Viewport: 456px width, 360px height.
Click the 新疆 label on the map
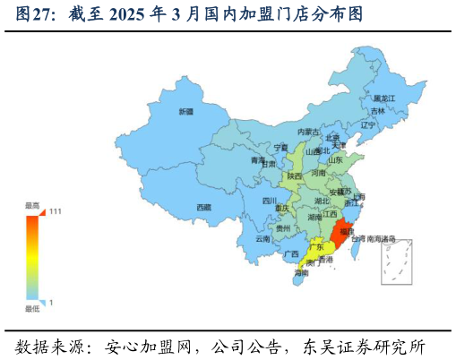[185, 112]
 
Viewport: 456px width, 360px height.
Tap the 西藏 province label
[204, 207]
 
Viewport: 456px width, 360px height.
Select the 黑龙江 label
[384, 98]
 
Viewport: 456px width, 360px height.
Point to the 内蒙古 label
[308, 132]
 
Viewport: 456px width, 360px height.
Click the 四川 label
[270, 201]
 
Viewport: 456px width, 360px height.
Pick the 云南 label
[262, 239]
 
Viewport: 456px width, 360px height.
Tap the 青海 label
[257, 160]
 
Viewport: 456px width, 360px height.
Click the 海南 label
[302, 272]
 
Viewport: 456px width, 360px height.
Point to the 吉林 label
[378, 111]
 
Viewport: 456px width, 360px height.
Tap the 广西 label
[291, 253]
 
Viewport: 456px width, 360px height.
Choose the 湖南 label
[314, 218]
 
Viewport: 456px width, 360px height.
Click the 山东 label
[335, 160]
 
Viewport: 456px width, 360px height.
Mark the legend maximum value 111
[56, 211]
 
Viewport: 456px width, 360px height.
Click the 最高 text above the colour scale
[32, 205]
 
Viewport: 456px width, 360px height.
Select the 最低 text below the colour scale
[32, 309]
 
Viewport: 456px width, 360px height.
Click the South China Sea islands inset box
[396, 262]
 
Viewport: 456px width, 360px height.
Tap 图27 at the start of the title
[32, 14]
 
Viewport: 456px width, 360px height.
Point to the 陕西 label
[294, 176]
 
